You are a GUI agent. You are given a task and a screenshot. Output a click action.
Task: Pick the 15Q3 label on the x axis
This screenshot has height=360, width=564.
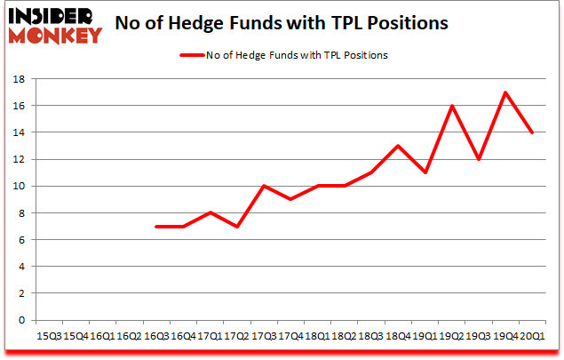pyautogui.click(x=49, y=337)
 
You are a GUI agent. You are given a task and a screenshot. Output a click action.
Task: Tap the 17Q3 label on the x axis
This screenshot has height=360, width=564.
pyautogui.click(x=265, y=337)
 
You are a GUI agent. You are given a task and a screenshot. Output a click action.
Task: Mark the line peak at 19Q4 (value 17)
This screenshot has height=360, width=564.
pyautogui.click(x=505, y=92)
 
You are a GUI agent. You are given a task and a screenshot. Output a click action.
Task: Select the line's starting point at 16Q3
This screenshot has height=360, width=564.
pyautogui.click(x=156, y=227)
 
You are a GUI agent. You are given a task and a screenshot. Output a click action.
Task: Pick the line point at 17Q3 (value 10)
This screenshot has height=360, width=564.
pyautogui.click(x=265, y=186)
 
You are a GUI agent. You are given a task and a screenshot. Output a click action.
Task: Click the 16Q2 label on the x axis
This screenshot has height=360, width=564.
pyautogui.click(x=130, y=337)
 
